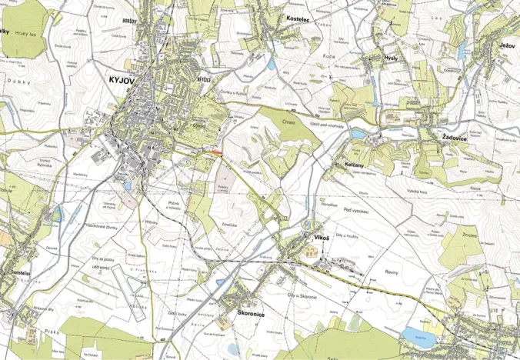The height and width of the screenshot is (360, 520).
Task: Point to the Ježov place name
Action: point(506,46)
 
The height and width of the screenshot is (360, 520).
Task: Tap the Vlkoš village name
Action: point(322,238)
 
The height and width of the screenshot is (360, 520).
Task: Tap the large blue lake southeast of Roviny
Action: point(418,334)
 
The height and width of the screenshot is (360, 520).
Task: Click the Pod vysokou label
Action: point(358,209)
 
